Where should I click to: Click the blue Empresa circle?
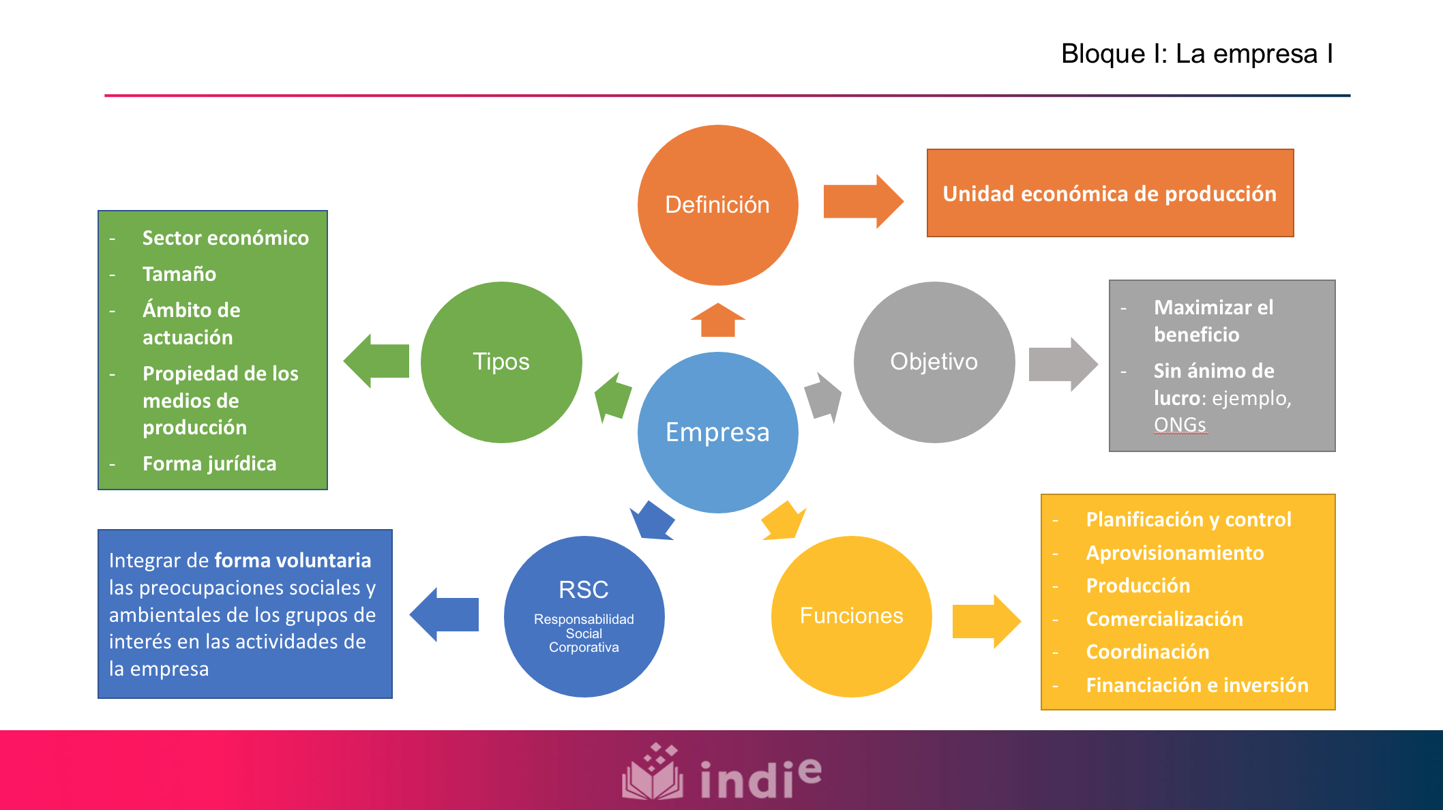click(x=717, y=432)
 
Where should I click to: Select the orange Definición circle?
click(x=717, y=205)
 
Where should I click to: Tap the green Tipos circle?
click(x=501, y=361)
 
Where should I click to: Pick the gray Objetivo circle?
click(x=934, y=361)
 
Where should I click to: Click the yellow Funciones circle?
click(x=851, y=616)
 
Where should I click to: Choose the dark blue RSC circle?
click(x=584, y=616)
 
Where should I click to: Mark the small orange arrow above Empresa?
click(x=717, y=320)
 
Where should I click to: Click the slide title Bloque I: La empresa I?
click(x=1197, y=54)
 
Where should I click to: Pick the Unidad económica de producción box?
click(x=1110, y=194)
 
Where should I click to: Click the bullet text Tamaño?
click(x=179, y=274)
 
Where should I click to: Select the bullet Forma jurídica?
click(x=209, y=464)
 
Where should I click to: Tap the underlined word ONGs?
click(x=1179, y=425)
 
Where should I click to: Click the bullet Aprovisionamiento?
click(x=1174, y=553)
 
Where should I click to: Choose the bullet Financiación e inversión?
click(x=1197, y=685)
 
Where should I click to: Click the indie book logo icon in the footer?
click(x=652, y=774)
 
